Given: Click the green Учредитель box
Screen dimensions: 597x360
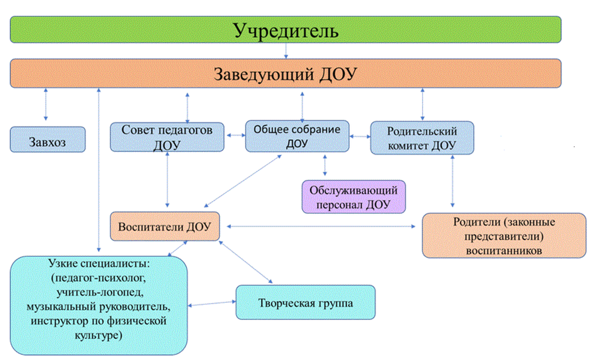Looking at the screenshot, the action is [x=286, y=30].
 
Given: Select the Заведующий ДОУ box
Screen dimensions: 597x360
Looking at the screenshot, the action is [x=286, y=73].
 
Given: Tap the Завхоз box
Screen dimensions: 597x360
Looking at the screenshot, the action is [x=48, y=140].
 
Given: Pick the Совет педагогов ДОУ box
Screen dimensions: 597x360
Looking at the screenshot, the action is [x=167, y=137].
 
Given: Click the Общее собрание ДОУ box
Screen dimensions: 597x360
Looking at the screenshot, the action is [x=297, y=136].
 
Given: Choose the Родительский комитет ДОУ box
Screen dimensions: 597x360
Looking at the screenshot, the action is [x=422, y=137].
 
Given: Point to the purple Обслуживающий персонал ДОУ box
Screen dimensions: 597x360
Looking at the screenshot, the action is [x=353, y=197].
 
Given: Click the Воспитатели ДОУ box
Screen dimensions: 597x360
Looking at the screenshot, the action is [x=165, y=227].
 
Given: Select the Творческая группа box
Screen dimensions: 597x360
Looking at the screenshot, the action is [x=305, y=302].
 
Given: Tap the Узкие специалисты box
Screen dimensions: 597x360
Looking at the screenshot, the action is [x=99, y=305].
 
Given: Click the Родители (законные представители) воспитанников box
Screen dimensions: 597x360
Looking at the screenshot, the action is [x=504, y=235].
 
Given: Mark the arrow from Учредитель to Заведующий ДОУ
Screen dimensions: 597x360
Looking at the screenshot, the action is [x=286, y=51].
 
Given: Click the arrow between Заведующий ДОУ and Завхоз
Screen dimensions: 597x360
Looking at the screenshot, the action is [x=45, y=104].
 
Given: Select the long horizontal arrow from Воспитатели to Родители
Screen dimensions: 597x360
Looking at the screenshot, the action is [x=321, y=227].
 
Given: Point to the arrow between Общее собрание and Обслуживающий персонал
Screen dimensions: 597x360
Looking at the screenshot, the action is [x=325, y=165].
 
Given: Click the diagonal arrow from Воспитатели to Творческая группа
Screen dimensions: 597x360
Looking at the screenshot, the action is [x=246, y=262].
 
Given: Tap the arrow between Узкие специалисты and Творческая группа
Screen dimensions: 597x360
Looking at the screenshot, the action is [x=212, y=303].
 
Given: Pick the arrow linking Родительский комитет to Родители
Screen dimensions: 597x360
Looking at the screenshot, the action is [x=452, y=181].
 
